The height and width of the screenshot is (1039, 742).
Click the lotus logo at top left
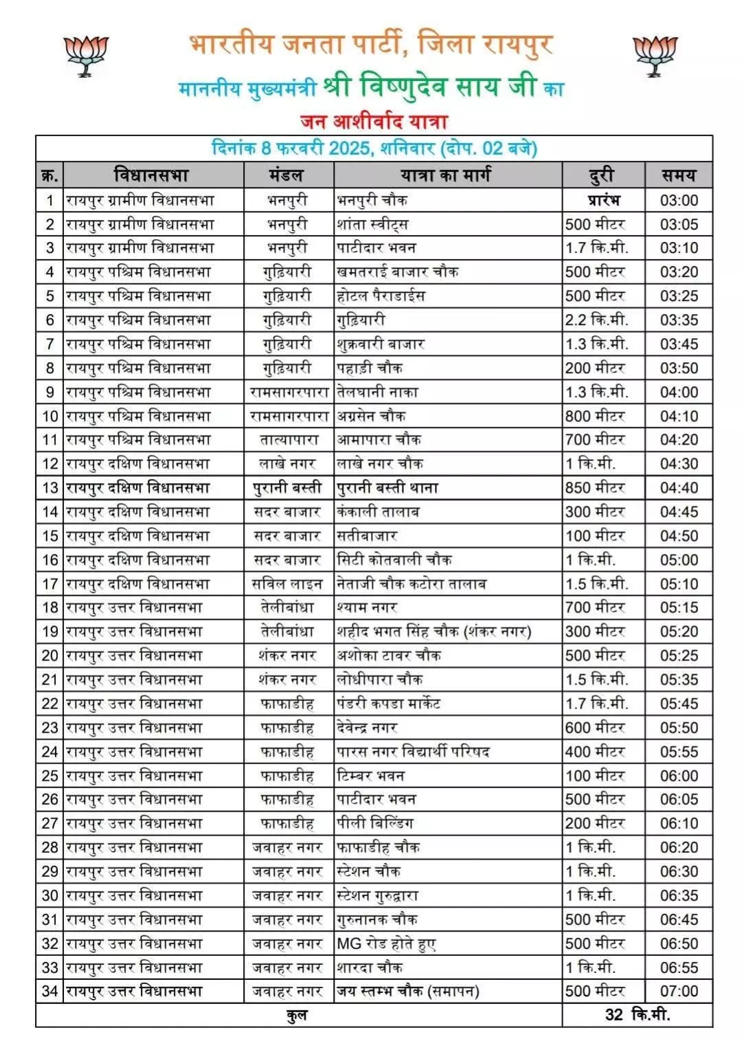tap(87, 56)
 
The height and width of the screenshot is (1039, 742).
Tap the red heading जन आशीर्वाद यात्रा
tap(374, 122)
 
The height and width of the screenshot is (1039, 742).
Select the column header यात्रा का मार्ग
tap(446, 175)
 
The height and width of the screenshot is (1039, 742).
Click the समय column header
tap(678, 175)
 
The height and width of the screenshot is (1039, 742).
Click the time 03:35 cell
tap(678, 320)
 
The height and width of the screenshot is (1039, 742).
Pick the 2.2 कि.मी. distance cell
tap(596, 320)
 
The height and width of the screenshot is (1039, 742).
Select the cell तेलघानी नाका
tap(377, 392)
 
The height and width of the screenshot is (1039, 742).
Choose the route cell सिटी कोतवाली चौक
tap(394, 560)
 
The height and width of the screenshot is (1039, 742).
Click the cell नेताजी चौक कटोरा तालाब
tap(412, 584)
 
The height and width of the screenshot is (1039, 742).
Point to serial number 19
tap(49, 632)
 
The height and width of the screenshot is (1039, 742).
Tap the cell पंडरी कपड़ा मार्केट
tap(388, 704)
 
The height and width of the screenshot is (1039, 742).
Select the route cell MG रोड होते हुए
tap(386, 943)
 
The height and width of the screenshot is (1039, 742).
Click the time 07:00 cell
tap(678, 992)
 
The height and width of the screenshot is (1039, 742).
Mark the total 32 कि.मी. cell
tap(637, 1015)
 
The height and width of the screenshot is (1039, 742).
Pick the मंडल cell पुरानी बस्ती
tap(288, 488)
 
